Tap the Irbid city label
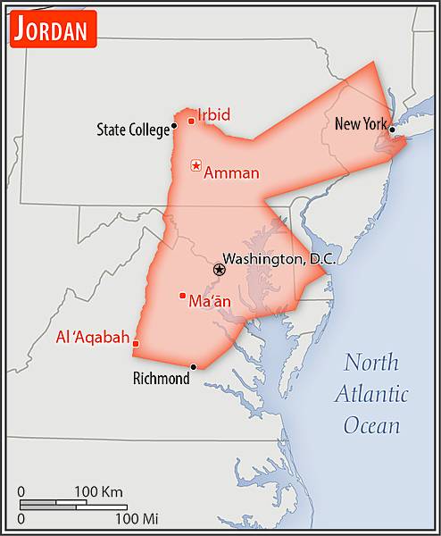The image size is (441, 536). [213, 115]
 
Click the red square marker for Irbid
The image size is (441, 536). [191, 121]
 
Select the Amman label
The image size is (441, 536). [231, 173]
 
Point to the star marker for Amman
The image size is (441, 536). [196, 166]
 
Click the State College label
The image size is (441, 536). [132, 130]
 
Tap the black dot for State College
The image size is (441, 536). [174, 125]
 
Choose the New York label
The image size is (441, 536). [360, 124]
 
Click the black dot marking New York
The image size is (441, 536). [392, 130]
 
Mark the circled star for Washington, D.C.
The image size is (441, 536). [219, 269]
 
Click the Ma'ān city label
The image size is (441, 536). [210, 302]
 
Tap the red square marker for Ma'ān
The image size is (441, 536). [182, 296]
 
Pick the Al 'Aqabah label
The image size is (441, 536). [92, 339]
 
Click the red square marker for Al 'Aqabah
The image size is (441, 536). [136, 343]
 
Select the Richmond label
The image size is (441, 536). [161, 379]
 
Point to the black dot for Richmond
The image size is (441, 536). [193, 366]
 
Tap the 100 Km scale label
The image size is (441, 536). [98, 492]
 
